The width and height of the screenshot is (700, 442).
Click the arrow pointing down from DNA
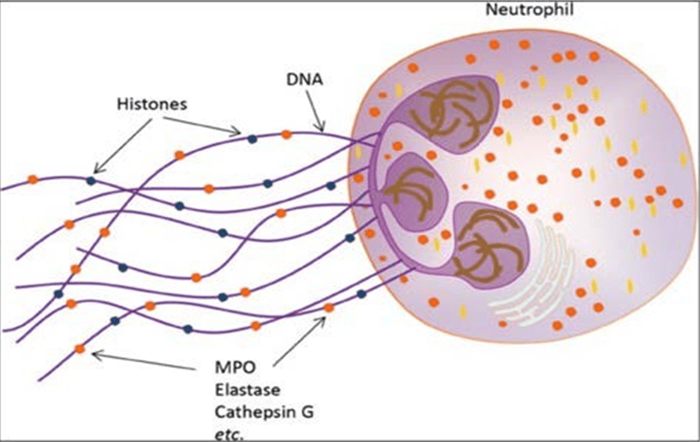pyautogui.click(x=312, y=109)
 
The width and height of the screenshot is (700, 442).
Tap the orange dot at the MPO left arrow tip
pyautogui.click(x=80, y=348)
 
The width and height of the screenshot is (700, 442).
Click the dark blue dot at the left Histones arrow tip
pyautogui.click(x=91, y=180)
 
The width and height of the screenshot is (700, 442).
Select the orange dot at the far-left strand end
pyautogui.click(x=32, y=179)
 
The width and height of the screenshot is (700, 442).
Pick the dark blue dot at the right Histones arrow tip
pyautogui.click(x=252, y=138)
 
